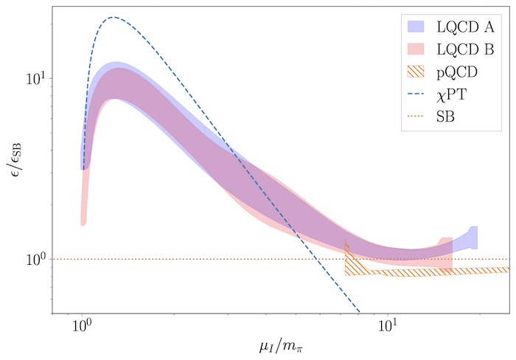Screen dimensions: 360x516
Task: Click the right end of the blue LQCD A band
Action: (x=476, y=238)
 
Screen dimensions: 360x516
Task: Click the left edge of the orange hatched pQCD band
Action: (x=346, y=257)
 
